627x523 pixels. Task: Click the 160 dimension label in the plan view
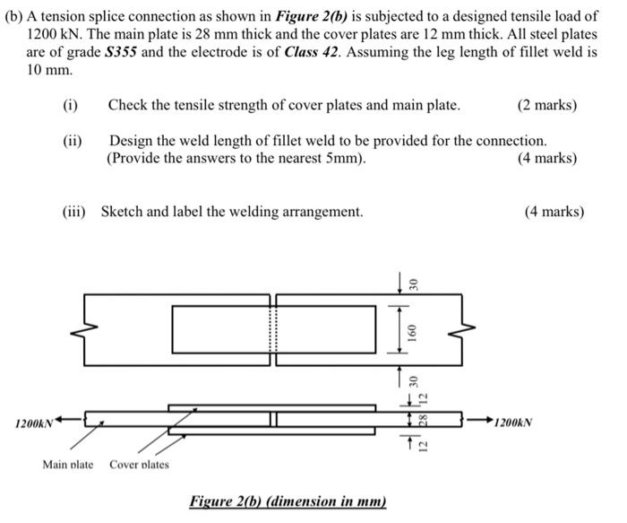click(x=414, y=329)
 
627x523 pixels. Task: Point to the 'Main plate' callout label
click(x=67, y=464)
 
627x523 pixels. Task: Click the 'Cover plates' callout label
click(x=139, y=464)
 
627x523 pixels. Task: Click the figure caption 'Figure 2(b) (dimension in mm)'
click(x=288, y=501)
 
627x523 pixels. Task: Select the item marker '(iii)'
click(x=76, y=212)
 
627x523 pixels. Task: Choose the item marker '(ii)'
click(x=72, y=141)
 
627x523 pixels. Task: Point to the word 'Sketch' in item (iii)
click(x=122, y=212)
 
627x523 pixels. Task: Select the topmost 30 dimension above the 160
click(x=414, y=283)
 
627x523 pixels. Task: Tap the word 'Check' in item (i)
click(x=128, y=105)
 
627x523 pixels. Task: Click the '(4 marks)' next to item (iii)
click(x=554, y=212)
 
